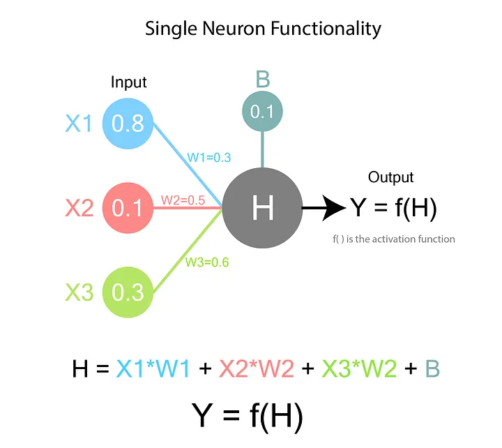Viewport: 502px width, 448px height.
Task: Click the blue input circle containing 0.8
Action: click(128, 124)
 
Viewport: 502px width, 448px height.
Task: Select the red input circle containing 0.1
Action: click(128, 207)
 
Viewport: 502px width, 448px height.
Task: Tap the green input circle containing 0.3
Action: click(128, 292)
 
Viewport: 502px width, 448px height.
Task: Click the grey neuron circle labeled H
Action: click(262, 207)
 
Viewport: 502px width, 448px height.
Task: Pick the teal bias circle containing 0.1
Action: click(262, 112)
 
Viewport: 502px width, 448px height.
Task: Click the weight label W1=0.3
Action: click(208, 157)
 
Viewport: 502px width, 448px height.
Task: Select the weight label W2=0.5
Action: click(183, 200)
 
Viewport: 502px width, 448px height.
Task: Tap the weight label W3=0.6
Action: click(207, 262)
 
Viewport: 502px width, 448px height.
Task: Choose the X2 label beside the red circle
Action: click(79, 208)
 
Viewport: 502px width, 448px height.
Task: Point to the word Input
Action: click(129, 82)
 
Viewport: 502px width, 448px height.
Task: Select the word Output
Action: click(390, 177)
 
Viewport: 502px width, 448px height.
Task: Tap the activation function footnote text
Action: click(394, 239)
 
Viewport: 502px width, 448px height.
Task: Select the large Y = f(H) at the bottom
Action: click(248, 415)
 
